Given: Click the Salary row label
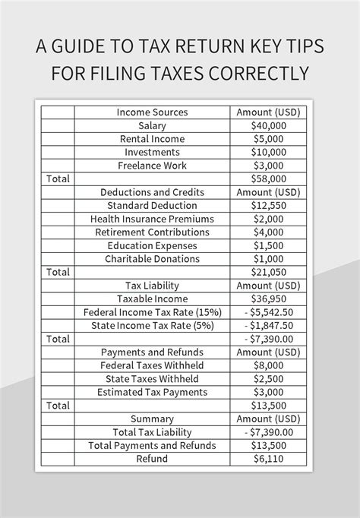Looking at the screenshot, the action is tap(152, 125).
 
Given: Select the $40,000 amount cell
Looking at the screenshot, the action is tap(268, 125).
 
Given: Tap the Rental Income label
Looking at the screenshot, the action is tap(152, 139).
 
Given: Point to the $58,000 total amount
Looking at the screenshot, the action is tap(268, 178).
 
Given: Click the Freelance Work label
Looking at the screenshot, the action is tap(152, 165).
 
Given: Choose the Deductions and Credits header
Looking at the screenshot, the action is tap(152, 192).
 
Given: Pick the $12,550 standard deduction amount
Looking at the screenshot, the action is tap(268, 205).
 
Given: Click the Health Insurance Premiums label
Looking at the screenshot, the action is tap(152, 219).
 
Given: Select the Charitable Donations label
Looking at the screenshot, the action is tap(152, 258).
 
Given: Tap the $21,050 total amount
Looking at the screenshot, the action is tap(268, 272).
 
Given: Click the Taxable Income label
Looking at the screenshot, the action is tap(152, 298).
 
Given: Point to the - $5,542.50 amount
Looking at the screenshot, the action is tap(268, 312).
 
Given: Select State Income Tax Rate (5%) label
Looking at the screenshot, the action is tap(152, 325).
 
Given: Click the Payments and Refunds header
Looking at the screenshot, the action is tap(152, 352).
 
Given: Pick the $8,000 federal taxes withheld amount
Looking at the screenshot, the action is tap(268, 365).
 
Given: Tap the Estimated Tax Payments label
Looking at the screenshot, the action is tap(152, 392).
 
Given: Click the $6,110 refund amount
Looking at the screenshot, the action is tap(268, 459).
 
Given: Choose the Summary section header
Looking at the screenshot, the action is tap(152, 419).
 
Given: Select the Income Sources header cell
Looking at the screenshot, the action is tap(152, 112).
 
